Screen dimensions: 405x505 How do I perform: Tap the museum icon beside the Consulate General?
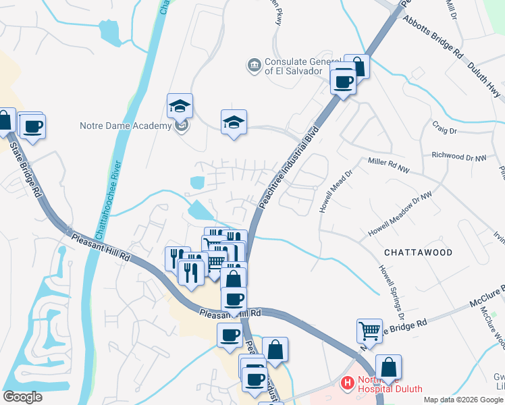(x=254, y=65)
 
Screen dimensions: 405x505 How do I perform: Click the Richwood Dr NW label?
(x=459, y=157)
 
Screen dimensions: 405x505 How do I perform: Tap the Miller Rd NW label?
(x=389, y=164)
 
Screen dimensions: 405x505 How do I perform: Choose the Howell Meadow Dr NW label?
(x=400, y=215)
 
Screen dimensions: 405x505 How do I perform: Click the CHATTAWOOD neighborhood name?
(x=418, y=252)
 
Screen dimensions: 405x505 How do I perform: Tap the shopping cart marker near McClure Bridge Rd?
(x=369, y=331)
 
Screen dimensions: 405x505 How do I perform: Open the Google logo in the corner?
(x=23, y=397)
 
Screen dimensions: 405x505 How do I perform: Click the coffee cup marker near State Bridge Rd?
(x=32, y=126)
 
